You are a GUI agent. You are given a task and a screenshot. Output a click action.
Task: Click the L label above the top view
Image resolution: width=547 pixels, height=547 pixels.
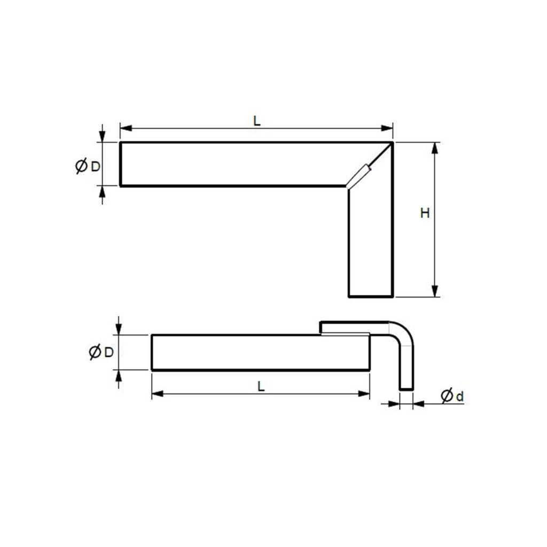coord(257,121)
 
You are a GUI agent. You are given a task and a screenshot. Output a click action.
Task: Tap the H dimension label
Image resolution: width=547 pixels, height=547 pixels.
coord(425,214)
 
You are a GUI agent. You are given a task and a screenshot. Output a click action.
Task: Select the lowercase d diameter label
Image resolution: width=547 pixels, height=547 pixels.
coord(460,396)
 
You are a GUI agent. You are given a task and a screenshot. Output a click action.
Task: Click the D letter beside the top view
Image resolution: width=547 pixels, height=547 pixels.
coord(95,166)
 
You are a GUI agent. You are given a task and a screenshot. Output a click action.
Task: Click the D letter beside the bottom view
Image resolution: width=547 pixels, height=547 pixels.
coord(108,352)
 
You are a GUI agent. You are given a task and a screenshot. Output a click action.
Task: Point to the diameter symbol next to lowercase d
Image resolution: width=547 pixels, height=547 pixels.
coord(447,396)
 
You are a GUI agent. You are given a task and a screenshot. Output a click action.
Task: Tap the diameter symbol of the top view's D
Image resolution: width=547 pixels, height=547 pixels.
coord(81,166)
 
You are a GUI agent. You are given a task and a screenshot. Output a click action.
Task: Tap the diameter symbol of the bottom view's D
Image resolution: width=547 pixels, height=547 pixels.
coord(95,353)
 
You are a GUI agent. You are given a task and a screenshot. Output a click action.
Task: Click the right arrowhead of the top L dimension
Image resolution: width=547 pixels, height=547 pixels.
coord(389,128)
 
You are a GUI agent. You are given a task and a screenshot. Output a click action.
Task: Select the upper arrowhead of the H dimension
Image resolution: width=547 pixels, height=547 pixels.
coord(435,147)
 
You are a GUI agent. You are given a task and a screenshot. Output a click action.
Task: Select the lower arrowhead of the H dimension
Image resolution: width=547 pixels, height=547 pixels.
coord(435,292)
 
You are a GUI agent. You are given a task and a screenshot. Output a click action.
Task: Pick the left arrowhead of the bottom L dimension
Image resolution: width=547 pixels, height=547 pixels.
coord(156,394)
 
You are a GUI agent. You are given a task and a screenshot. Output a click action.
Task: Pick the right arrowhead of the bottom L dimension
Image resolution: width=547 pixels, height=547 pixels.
coord(365,394)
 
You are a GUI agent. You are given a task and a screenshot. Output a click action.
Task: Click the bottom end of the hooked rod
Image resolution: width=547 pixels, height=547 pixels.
coord(407,389)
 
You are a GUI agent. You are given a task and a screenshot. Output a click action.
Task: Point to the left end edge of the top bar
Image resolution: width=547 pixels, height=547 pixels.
coord(120,164)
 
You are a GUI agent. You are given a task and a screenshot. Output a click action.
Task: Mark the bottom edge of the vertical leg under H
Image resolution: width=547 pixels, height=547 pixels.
coord(371,296)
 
